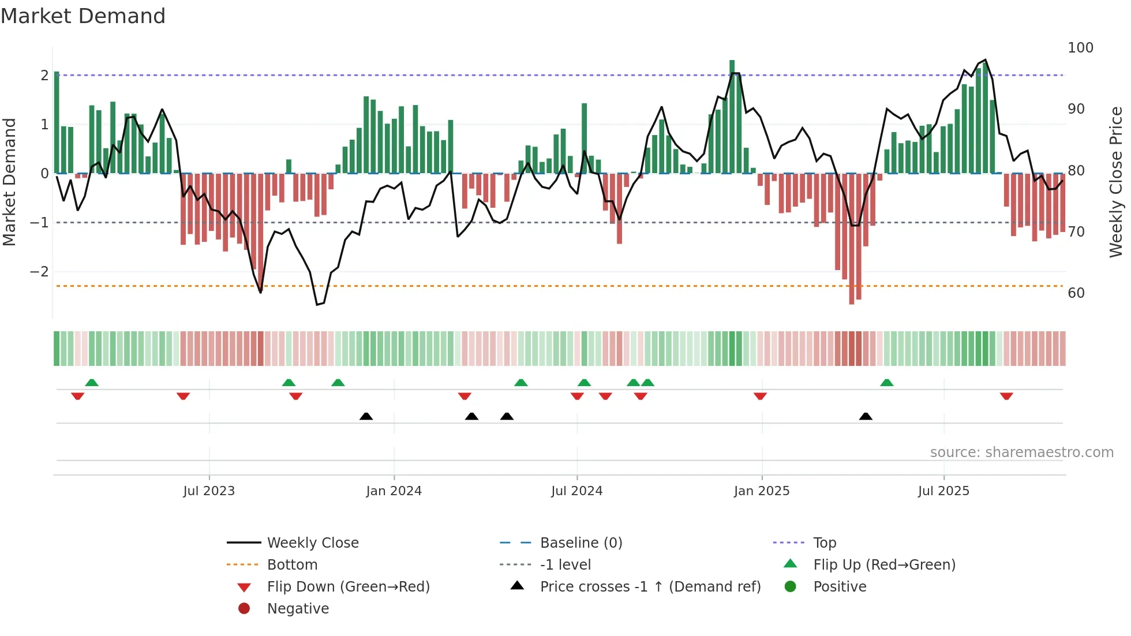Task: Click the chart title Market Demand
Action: point(83,16)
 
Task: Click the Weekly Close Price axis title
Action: point(1116,182)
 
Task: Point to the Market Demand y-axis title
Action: point(9,182)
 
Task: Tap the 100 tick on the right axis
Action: point(1080,47)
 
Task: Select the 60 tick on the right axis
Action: point(1076,293)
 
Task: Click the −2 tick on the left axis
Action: point(39,271)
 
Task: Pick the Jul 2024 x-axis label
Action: point(576,491)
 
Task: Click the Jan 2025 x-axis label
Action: point(761,491)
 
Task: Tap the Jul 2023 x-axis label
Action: point(209,491)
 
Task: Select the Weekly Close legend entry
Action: point(312,543)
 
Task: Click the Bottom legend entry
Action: point(292,564)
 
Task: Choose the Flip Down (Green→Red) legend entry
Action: point(348,586)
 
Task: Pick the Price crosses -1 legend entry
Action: point(650,586)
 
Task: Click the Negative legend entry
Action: point(298,608)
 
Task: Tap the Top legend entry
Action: point(825,543)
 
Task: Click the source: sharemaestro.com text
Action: point(1021,452)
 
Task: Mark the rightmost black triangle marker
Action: point(866,416)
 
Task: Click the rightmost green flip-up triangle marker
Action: point(887,383)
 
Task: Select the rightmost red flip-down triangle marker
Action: point(1006,396)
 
